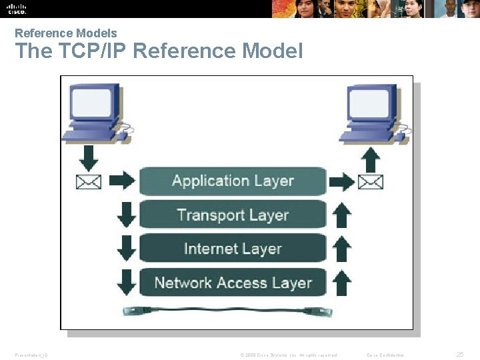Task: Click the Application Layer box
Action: (233, 181)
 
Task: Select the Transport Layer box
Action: (233, 215)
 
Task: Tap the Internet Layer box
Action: (233, 249)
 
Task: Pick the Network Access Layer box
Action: (233, 283)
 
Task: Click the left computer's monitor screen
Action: (91, 103)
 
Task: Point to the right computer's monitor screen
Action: (369, 103)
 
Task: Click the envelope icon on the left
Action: (89, 181)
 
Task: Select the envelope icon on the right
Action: (371, 181)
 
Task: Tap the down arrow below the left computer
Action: (89, 156)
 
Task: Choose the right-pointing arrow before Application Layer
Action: (121, 181)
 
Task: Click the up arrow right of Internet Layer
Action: (341, 249)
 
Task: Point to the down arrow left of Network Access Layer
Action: (126, 283)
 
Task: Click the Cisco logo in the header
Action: (16, 8)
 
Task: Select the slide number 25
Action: (459, 354)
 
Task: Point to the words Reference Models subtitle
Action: (65, 33)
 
